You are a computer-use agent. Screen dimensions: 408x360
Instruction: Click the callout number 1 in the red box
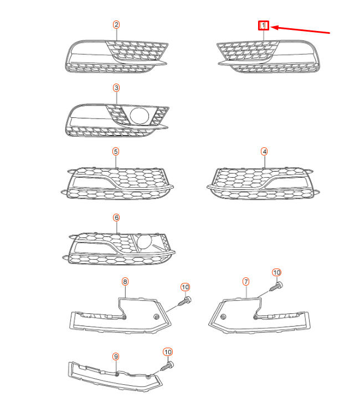point(264,25)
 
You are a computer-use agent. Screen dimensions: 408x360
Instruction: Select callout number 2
point(116,24)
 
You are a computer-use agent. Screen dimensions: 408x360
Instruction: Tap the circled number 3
point(116,88)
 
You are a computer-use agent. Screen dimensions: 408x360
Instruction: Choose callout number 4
point(264,151)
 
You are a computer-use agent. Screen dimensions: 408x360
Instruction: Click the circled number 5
point(115,151)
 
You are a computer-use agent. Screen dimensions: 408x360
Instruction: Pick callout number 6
point(116,218)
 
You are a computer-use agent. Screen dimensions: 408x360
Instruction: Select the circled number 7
point(246,282)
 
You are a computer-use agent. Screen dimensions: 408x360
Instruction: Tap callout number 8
point(125,282)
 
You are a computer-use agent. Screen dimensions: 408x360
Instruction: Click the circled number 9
point(116,356)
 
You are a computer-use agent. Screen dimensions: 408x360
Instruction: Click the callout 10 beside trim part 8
point(186,287)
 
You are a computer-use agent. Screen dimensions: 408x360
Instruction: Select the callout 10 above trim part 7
point(277,272)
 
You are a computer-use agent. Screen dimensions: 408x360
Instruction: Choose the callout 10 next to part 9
point(168,352)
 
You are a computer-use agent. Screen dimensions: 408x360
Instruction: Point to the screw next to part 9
point(168,365)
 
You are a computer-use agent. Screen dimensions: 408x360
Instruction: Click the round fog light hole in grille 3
point(140,115)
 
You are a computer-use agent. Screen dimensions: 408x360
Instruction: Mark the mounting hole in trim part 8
point(156,317)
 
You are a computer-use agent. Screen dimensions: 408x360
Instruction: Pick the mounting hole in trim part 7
point(223,317)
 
